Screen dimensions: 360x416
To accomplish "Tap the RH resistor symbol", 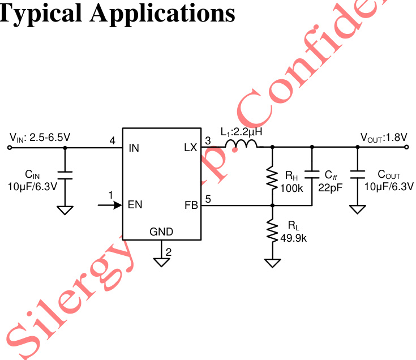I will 272,178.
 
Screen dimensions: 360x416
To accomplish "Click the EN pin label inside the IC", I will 135,205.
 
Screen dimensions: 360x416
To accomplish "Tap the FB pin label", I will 191,205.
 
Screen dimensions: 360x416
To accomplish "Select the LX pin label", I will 190,148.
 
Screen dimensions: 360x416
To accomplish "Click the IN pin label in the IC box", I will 134,148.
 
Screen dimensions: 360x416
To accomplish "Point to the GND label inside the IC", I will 161,232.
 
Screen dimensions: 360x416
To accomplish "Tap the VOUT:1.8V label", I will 384,137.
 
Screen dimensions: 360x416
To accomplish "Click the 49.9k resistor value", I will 293,238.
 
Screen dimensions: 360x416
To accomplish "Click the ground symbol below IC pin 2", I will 162,262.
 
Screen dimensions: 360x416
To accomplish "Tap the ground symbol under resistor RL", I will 272,263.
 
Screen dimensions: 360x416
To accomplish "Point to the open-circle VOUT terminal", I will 406,148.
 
